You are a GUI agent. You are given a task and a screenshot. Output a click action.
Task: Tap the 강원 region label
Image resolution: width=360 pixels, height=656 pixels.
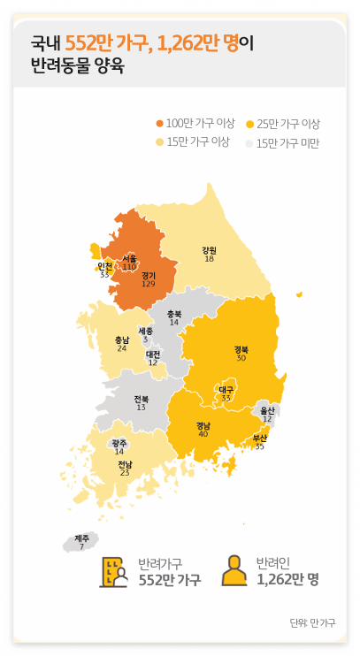coord(209,249)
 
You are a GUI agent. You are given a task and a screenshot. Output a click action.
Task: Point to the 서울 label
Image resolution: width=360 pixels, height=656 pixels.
coord(129,258)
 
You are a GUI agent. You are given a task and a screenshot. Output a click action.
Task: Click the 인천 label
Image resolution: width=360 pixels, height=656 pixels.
coord(104,266)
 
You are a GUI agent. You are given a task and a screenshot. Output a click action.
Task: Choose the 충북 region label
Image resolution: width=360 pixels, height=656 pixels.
coord(174,314)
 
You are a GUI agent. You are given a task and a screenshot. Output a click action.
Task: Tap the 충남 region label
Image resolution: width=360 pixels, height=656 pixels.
coord(122,339)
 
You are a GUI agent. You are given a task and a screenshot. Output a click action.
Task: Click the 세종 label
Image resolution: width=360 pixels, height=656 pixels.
coord(146,331)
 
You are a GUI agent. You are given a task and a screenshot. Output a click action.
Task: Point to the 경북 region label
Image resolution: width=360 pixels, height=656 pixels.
coord(241,349)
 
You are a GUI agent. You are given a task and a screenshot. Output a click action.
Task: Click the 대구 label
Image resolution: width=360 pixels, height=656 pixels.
coord(226,389)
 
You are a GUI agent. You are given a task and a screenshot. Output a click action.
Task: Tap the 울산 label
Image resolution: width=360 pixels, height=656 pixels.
coord(266,410)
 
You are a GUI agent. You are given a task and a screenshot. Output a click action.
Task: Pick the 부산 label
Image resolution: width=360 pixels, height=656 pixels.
coord(259,438)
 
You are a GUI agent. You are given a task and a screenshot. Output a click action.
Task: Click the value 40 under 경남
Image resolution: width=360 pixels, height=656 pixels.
coord(203,434)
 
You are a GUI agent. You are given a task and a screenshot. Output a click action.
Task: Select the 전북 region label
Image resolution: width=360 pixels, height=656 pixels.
coord(142,399)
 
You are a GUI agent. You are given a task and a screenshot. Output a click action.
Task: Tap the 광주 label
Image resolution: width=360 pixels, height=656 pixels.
coord(119,442)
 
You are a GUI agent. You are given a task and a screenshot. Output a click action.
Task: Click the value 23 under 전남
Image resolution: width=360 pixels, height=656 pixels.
coord(125,473)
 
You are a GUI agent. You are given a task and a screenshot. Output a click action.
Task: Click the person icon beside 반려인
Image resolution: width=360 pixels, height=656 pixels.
coord(234,571)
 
